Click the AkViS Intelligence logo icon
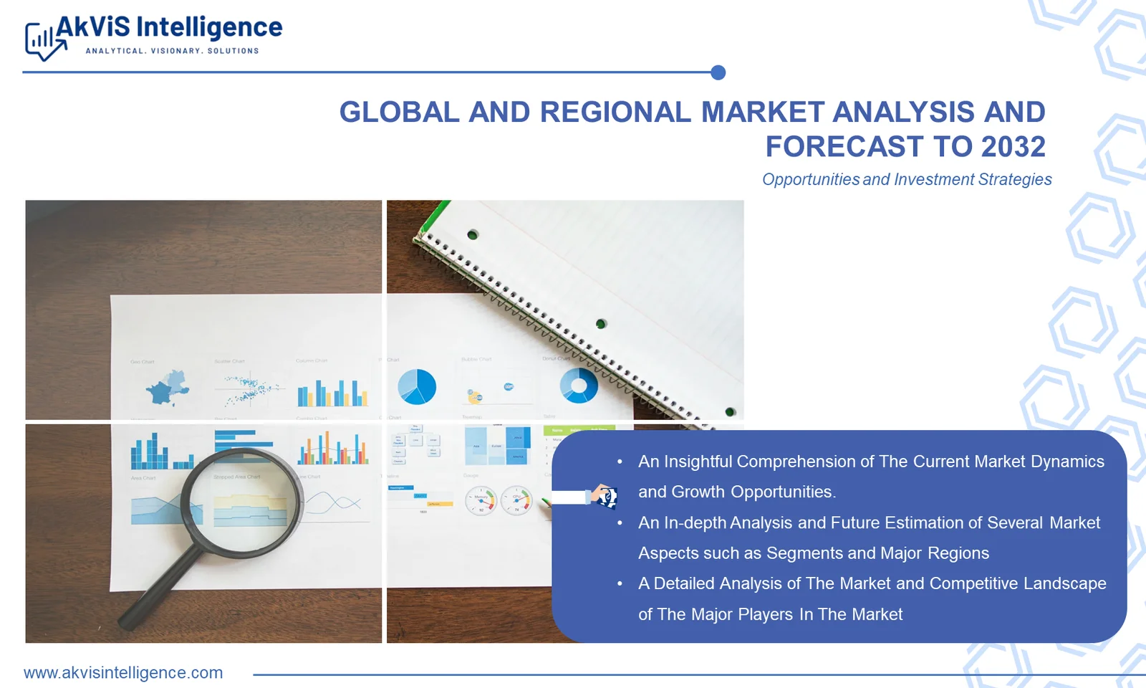pyautogui.click(x=43, y=42)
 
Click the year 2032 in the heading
pyautogui.click(x=1013, y=147)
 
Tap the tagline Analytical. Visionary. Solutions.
pyautogui.click(x=172, y=51)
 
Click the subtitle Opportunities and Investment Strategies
pyautogui.click(x=907, y=179)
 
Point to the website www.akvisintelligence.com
pyautogui.click(x=123, y=673)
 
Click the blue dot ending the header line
pyautogui.click(x=718, y=72)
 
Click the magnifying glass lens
pyautogui.click(x=242, y=502)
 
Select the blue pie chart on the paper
pyautogui.click(x=417, y=387)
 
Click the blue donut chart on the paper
pyautogui.click(x=579, y=386)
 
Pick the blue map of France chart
pyautogui.click(x=168, y=388)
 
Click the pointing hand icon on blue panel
pyautogui.click(x=603, y=496)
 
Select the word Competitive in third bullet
pyautogui.click(x=973, y=583)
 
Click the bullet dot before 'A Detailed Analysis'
pyautogui.click(x=620, y=584)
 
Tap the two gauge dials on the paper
pyautogui.click(x=499, y=500)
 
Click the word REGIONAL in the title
pyautogui.click(x=615, y=113)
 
